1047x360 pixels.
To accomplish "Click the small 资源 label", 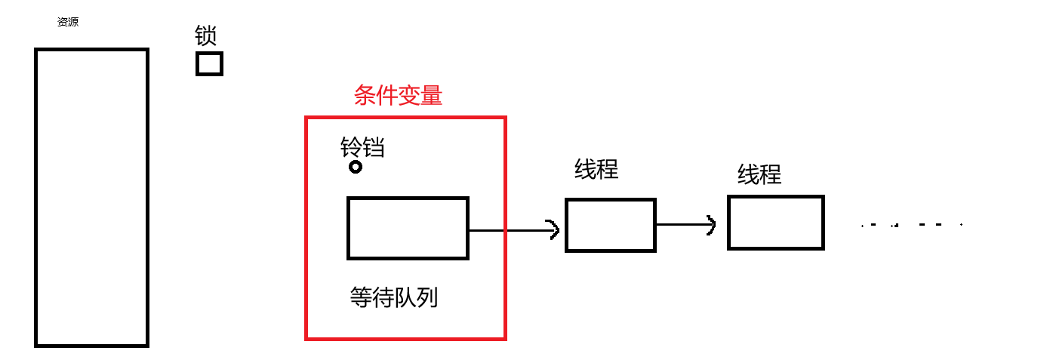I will pyautogui.click(x=68, y=23).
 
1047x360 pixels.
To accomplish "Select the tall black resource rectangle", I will pyautogui.click(x=91, y=197).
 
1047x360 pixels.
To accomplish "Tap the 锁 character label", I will pyautogui.click(x=206, y=35).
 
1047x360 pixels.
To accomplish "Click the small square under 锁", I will pyautogui.click(x=209, y=63).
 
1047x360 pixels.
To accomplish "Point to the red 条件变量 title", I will pyautogui.click(x=398, y=96).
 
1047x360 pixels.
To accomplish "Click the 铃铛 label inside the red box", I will pyautogui.click(x=362, y=147).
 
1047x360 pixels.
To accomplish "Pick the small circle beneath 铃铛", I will pyautogui.click(x=356, y=167).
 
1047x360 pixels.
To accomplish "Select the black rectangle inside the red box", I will pyautogui.click(x=408, y=228).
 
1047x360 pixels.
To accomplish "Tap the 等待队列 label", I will pyautogui.click(x=394, y=298).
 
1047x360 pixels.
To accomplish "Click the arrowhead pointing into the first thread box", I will pyautogui.click(x=555, y=229).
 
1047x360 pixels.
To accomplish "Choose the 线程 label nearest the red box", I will pyautogui.click(x=596, y=169).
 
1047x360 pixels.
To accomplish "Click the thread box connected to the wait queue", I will pyautogui.click(x=611, y=225).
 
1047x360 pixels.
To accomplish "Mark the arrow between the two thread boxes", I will pyautogui.click(x=685, y=225).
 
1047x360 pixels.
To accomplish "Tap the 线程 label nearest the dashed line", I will pyautogui.click(x=759, y=175).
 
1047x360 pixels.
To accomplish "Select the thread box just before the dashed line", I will pyautogui.click(x=775, y=223).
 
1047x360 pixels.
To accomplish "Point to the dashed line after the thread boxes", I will pyautogui.click(x=912, y=225).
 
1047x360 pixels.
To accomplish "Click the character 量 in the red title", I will pyautogui.click(x=431, y=96).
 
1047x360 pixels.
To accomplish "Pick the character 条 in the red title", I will pyautogui.click(x=365, y=96).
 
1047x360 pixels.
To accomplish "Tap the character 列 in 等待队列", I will pyautogui.click(x=427, y=298).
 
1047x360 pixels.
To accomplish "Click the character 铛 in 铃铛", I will pyautogui.click(x=374, y=147).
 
